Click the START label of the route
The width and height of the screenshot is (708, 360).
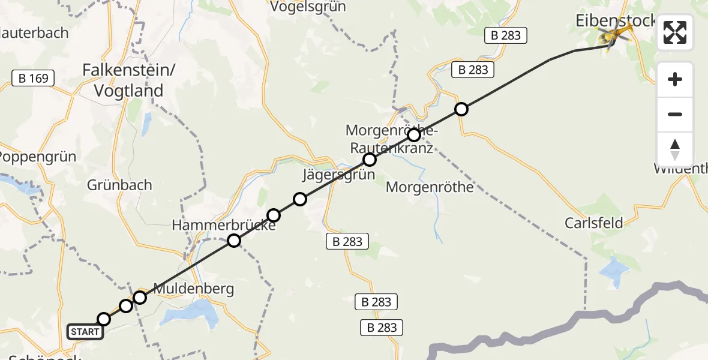[x=85, y=332]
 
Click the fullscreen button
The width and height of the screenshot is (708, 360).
[x=675, y=32]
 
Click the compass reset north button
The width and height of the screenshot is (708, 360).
[x=675, y=149]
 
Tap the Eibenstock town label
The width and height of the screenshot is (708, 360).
[x=615, y=20]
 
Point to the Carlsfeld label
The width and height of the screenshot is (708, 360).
[x=593, y=223]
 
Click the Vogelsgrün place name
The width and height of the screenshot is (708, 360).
[x=308, y=7]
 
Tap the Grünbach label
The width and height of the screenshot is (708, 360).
[x=119, y=185]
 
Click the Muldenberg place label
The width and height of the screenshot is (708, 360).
[x=193, y=289]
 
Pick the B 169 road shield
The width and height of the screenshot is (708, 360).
[x=34, y=77]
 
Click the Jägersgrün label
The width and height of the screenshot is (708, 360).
[x=338, y=175]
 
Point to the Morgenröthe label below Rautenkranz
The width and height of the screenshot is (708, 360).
[x=429, y=187]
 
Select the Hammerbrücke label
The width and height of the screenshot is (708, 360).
[x=224, y=226]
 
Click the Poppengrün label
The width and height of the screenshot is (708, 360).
[x=37, y=157]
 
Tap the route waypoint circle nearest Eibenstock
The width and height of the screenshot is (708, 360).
[x=461, y=109]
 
